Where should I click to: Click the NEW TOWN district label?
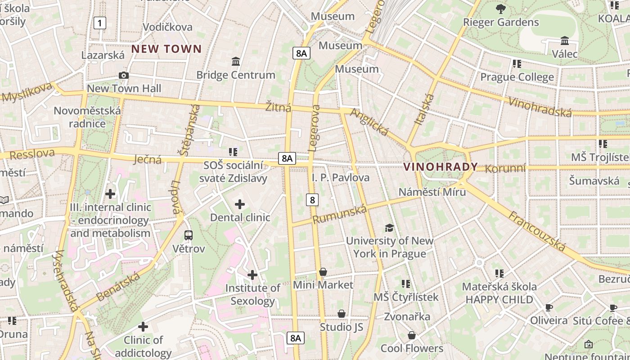(166, 49)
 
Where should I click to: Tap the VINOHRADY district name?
(441, 167)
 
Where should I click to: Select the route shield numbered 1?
(100, 23)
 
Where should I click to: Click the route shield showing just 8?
(312, 199)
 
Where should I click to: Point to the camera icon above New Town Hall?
(124, 76)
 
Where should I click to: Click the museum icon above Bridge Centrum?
(235, 61)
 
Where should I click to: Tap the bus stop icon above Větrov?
(189, 235)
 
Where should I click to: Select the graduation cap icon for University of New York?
(389, 228)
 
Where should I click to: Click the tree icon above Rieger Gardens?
(500, 9)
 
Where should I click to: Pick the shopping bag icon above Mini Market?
(323, 272)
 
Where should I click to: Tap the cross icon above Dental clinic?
(240, 205)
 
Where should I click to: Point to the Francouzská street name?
(537, 231)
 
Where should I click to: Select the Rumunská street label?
(340, 213)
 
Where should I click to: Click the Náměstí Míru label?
(432, 192)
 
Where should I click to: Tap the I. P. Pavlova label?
(341, 178)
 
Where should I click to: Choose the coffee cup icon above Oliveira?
(549, 308)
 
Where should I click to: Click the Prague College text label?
(517, 77)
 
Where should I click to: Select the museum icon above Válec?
(565, 41)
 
